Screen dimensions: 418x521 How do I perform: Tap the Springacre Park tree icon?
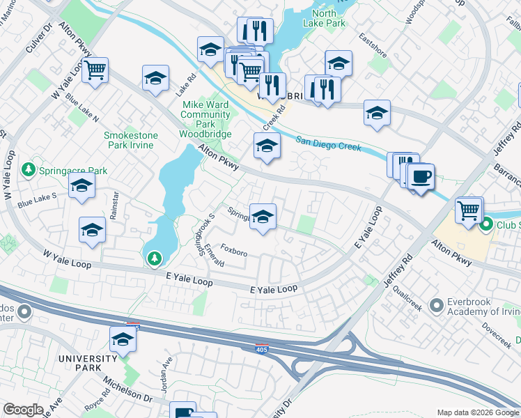28,169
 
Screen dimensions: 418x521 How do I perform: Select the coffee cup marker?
420,177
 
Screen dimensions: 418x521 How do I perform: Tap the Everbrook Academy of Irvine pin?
437,305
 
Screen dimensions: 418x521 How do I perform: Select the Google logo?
22,410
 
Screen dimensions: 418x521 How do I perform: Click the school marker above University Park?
123,339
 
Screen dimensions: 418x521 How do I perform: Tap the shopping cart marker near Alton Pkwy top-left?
95,70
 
